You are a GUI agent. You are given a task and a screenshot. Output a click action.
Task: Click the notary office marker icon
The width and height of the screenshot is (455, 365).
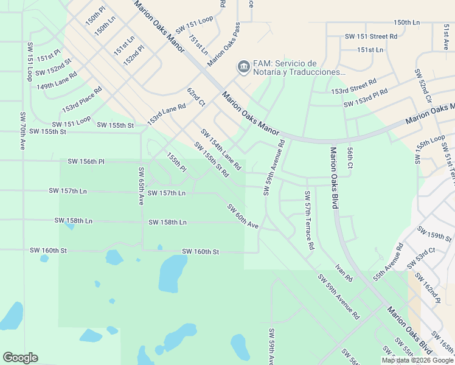pos(243,66)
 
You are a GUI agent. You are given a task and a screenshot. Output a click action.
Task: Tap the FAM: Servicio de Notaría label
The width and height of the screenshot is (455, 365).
pos(296,68)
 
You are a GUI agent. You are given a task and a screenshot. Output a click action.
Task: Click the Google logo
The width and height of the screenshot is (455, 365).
pos(21,358)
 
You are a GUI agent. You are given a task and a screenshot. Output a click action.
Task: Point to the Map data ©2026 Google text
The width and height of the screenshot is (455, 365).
pos(417,360)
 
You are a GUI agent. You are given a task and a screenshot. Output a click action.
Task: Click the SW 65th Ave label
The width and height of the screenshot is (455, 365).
pos(141,186)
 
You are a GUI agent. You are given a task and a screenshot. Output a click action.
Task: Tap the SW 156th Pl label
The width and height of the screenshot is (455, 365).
pos(86,161)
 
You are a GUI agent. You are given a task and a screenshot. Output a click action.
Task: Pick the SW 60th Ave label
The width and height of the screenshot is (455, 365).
pos(243,217)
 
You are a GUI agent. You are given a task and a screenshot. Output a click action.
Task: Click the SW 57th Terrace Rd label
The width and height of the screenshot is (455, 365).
pos(309,221)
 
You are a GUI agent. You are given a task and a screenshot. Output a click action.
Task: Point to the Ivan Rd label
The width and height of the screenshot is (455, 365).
pos(344,273)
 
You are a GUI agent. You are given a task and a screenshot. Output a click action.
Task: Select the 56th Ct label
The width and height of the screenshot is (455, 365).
pos(350,157)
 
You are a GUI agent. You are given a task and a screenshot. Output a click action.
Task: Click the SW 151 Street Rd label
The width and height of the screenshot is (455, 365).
pos(371,36)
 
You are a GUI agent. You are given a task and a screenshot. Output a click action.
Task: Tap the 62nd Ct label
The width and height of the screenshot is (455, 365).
pos(196,97)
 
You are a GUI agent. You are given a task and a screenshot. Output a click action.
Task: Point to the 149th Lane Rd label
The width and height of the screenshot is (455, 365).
pos(57,80)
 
